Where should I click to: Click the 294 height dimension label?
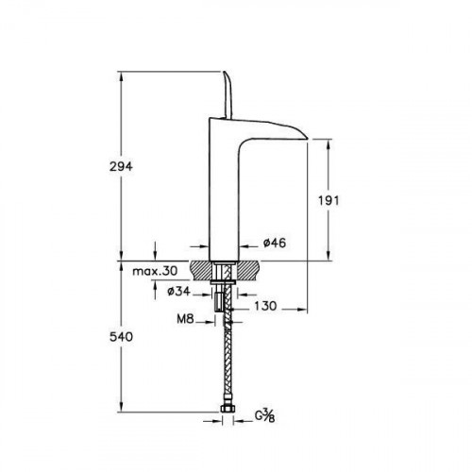tap(121, 166)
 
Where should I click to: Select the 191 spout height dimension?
tap(329, 200)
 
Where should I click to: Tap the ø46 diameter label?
tap(275, 243)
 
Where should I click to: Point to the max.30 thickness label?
tap(155, 271)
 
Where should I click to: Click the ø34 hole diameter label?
tap(179, 292)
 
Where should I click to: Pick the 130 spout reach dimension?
tap(265, 306)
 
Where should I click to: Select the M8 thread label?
tap(185, 319)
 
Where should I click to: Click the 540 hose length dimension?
tap(121, 337)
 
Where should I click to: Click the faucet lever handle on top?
tap(228, 95)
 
